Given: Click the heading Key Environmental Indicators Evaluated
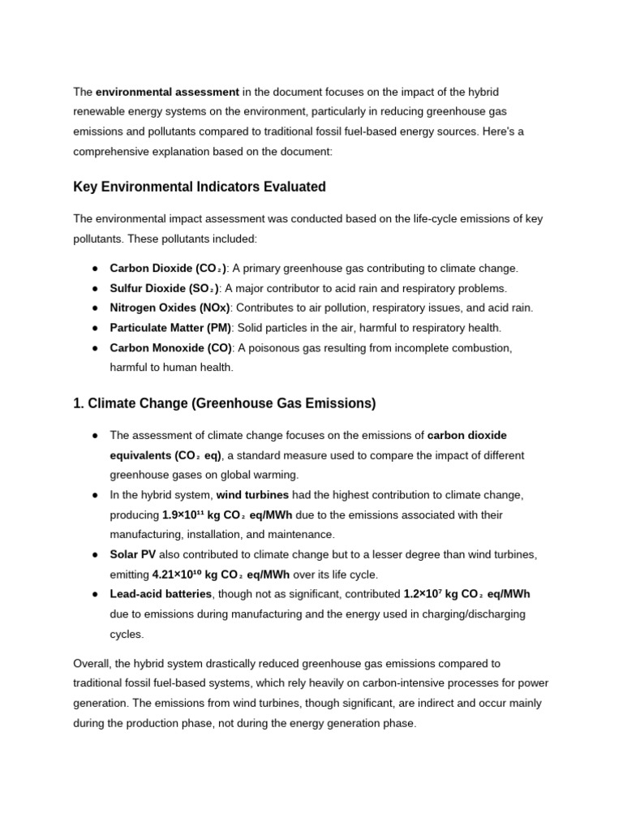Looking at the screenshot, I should (200, 187).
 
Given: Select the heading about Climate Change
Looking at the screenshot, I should (225, 403).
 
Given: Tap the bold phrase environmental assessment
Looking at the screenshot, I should (168, 92).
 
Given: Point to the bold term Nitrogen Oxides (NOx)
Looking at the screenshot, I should (170, 308).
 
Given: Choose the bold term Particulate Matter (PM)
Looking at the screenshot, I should (171, 328).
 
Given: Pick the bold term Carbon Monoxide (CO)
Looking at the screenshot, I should (170, 347).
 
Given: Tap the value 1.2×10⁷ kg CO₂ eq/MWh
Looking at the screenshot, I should (466, 594).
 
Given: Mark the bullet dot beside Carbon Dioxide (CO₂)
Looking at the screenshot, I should (95, 269).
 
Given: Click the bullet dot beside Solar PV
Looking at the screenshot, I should (95, 554).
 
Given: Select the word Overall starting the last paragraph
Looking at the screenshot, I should (94, 664).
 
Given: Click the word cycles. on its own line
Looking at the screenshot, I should (127, 634).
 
